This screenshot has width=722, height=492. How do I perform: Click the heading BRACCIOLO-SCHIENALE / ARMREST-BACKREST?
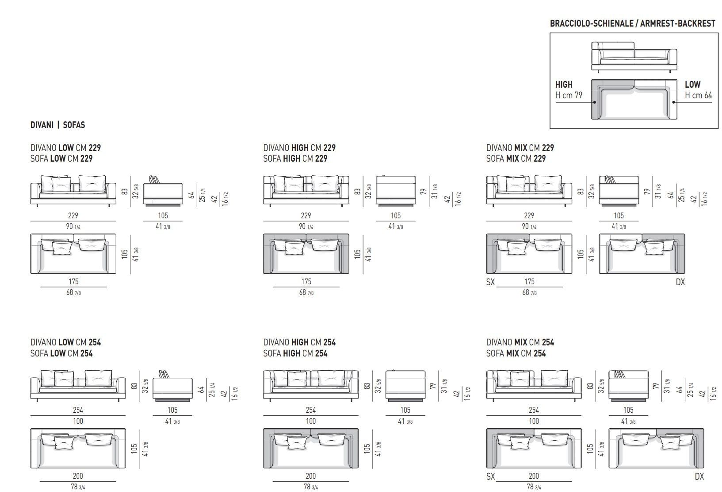(632, 23)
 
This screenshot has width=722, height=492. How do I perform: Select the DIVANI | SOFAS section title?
(57, 125)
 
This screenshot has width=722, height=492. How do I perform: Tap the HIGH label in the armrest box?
(564, 84)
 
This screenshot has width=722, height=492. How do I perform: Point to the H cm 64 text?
(698, 95)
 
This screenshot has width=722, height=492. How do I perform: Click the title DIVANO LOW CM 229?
(65, 148)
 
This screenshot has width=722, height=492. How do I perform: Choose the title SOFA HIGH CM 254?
(295, 353)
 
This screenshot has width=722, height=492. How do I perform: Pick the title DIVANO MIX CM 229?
(520, 148)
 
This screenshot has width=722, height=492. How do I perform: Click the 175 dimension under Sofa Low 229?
(73, 282)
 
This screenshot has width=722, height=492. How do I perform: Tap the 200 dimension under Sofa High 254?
(310, 476)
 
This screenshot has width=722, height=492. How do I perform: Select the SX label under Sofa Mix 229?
(490, 282)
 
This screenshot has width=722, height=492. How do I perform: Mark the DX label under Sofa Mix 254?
(699, 477)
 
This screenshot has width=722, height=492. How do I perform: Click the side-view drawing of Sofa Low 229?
(163, 192)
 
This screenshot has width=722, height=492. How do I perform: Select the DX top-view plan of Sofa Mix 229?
(642, 254)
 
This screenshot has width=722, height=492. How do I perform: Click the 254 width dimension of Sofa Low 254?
(78, 410)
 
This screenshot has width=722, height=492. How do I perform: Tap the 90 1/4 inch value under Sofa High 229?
(306, 227)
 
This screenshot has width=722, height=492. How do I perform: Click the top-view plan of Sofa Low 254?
(78, 448)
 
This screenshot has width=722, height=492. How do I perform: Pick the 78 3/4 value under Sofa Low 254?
(78, 487)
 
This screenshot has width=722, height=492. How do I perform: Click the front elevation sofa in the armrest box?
(634, 56)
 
